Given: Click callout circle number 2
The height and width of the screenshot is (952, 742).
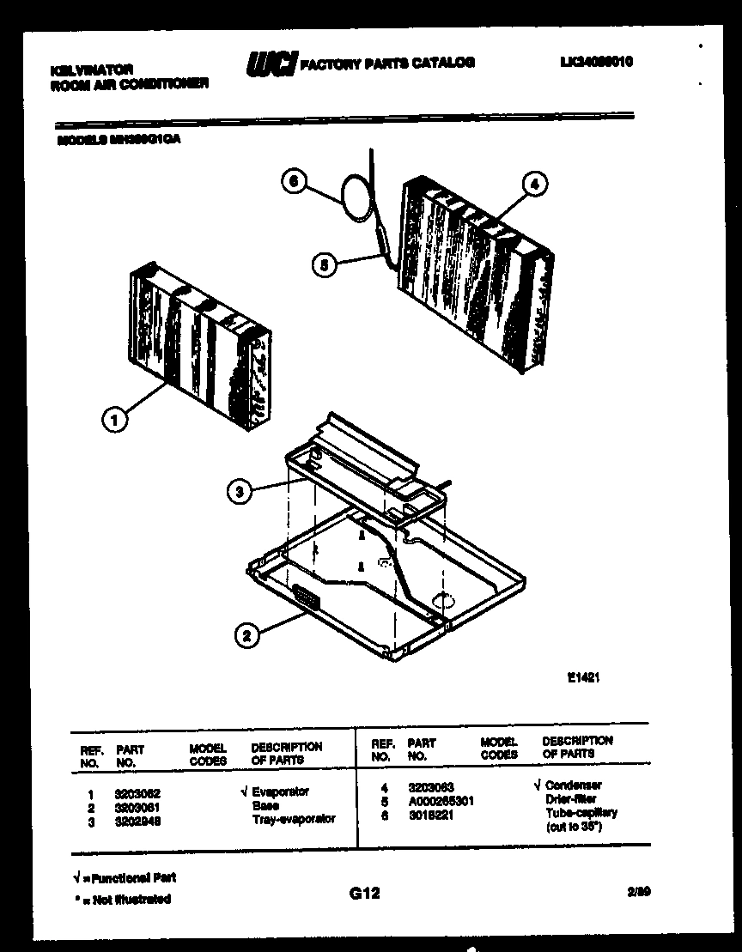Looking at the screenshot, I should tap(246, 635).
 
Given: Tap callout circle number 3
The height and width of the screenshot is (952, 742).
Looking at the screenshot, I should tap(240, 491).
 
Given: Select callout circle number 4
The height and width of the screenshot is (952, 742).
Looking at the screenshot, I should tap(534, 183).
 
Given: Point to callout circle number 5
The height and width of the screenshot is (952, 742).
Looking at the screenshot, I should tap(322, 266).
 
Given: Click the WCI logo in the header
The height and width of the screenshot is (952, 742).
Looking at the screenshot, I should tap(271, 64).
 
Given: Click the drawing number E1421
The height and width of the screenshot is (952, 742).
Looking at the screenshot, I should tap(582, 677).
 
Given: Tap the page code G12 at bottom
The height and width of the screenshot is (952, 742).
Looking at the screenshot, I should tap(364, 894).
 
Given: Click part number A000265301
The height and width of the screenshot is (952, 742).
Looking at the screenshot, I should tap(441, 801).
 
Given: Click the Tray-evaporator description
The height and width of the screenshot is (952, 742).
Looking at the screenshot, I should tap(294, 820).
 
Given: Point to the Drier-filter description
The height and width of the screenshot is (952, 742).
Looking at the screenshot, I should tap(570, 798).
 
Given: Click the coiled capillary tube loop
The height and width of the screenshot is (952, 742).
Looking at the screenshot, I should tap(352, 195).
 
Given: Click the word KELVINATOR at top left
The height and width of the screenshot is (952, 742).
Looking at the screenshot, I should tap(80, 68).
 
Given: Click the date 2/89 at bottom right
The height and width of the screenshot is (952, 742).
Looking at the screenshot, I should tap(638, 892).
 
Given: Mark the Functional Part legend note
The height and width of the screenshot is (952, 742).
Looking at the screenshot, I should tap(125, 878).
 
